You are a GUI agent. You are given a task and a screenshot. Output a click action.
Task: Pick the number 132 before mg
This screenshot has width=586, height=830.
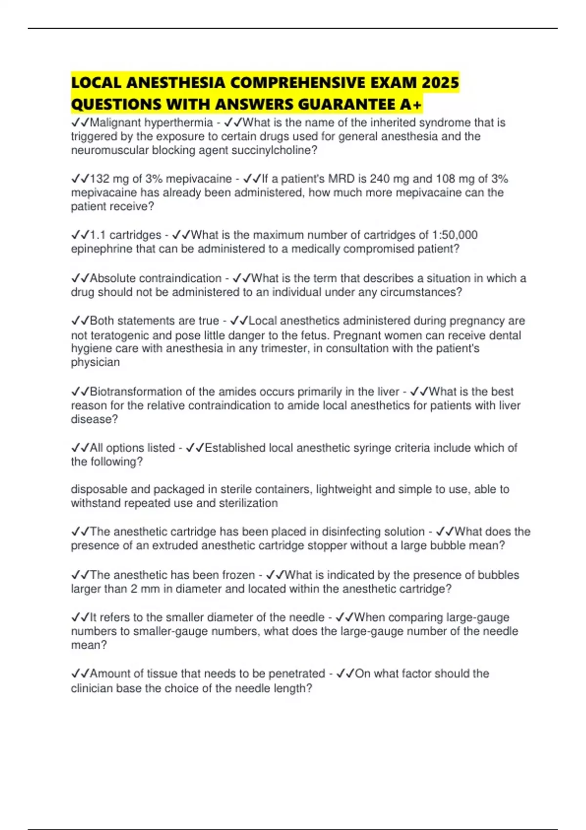click(100, 179)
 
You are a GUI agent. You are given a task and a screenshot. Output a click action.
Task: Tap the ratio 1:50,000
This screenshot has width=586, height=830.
click(455, 235)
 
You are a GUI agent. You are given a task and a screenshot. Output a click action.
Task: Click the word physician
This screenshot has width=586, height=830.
click(95, 362)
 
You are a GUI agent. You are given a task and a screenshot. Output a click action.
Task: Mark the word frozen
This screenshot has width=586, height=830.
click(236, 575)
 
